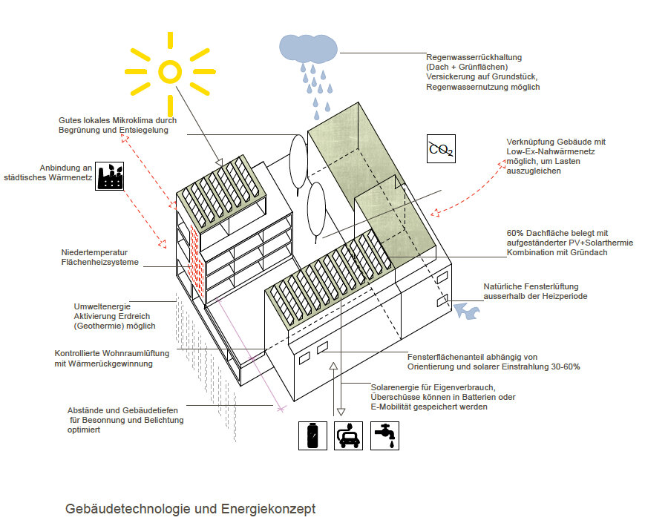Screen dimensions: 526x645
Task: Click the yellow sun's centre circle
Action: coord(170,71)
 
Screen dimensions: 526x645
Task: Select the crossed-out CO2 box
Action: coord(441,149)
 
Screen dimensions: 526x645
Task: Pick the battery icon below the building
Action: coord(312,435)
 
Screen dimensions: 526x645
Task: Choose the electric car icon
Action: coord(348,435)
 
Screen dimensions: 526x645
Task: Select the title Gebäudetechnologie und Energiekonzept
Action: coord(190,509)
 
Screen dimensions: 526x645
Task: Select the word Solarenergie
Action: coord(394,387)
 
